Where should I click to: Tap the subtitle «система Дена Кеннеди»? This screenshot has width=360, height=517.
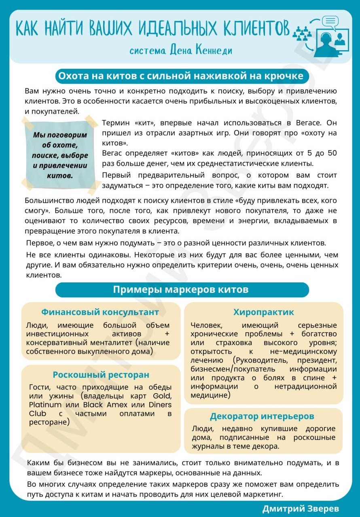[x=181, y=51]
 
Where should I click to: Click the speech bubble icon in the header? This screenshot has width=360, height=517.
[x=330, y=21]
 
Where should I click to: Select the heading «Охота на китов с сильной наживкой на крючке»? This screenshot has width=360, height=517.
[x=181, y=76]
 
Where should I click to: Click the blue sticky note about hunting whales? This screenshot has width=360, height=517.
[x=59, y=155]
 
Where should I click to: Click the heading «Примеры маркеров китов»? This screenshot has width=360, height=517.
[x=181, y=290]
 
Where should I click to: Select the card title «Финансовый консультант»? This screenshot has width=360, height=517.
[x=100, y=312]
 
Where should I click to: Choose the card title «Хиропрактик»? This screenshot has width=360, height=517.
[x=263, y=312]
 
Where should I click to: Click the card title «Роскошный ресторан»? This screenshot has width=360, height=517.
[x=101, y=375]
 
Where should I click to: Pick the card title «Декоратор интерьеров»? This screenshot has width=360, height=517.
[x=262, y=416]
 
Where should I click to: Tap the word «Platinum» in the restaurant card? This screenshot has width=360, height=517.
[x=45, y=405]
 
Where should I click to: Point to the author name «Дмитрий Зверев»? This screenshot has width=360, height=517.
[x=300, y=509]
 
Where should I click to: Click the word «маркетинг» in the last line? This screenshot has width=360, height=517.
[x=262, y=494]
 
